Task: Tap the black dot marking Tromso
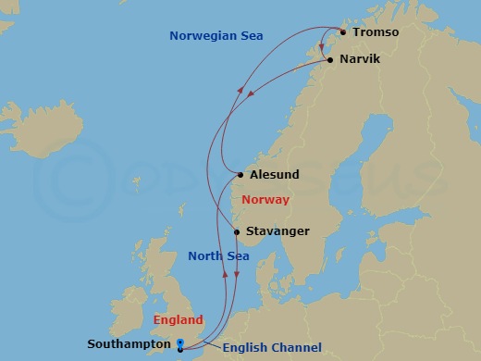click(343, 32)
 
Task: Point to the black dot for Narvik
click(329, 59)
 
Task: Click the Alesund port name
click(274, 174)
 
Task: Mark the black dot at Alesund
click(240, 174)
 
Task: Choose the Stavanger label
click(277, 231)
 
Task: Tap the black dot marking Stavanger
click(237, 231)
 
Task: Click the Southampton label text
click(129, 344)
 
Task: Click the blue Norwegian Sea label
click(216, 36)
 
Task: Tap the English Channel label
click(272, 348)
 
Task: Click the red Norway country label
click(265, 200)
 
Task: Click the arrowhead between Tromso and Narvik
click(321, 47)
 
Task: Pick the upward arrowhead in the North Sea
click(226, 274)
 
